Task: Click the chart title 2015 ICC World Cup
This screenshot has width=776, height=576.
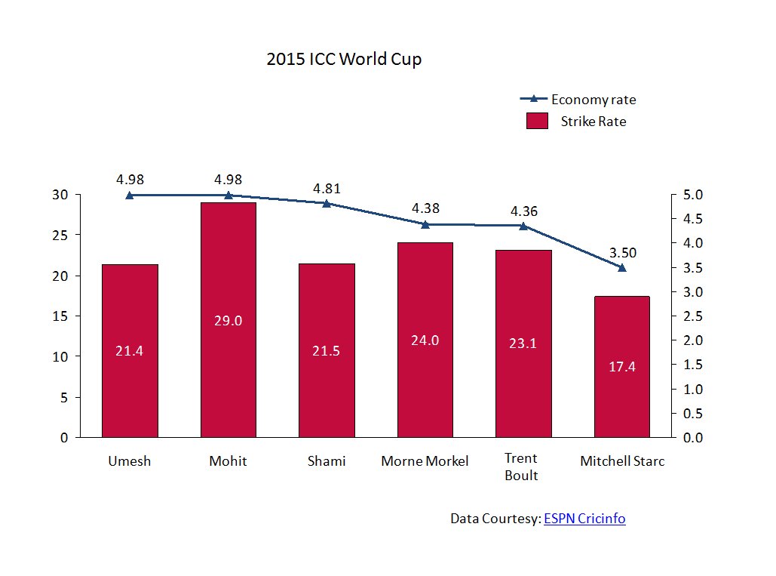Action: coord(344,60)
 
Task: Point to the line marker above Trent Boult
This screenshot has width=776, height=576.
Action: coord(523,226)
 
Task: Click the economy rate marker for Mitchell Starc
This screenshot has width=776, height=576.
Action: coord(621,267)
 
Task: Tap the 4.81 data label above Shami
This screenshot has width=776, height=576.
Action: coord(327,189)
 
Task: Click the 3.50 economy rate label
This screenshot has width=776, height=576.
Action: coord(623,252)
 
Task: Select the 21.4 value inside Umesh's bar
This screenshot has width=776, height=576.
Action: coord(130,351)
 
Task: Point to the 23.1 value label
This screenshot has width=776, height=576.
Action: coord(523,343)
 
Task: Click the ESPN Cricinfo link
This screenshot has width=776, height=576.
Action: coord(584,519)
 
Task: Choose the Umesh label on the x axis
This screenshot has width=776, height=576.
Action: coord(130,461)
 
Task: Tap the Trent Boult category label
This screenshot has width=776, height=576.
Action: coord(521,467)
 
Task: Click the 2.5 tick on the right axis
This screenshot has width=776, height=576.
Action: coord(692,316)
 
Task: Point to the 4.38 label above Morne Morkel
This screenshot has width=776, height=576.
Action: coord(425,208)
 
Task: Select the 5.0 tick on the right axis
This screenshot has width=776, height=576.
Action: coord(692,195)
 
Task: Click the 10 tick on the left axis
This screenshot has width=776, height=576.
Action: coord(61,357)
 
